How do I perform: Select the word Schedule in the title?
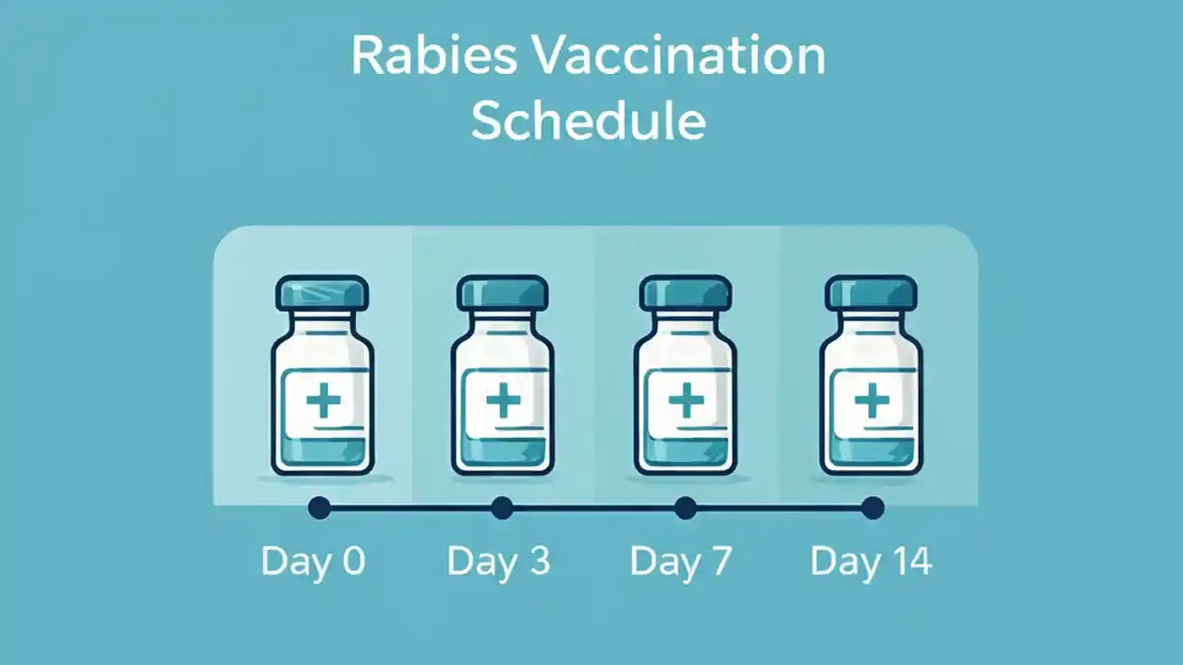588,121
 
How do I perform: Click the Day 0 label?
313,562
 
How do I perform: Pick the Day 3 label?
498,562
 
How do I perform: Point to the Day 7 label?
681,562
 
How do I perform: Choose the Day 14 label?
871,562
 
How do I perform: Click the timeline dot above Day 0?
319,508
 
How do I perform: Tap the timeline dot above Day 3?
502,508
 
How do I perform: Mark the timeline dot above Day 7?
685,508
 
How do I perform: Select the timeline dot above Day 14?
872,508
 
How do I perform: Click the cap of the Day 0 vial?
322,293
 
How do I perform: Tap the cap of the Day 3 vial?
503,293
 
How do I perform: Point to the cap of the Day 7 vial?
686,293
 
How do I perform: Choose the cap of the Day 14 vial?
871,293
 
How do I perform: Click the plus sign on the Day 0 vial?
323,401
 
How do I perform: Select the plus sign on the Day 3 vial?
503,401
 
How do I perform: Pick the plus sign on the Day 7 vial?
686,401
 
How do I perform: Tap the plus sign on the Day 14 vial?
871,401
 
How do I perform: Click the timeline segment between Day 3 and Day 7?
593,508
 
